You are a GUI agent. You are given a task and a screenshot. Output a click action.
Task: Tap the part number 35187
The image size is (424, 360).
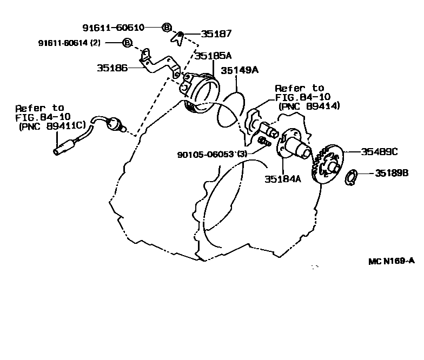coord(216,34)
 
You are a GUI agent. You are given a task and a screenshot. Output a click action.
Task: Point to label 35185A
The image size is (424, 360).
coord(213,56)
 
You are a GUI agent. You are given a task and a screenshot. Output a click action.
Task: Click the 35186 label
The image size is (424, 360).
coord(112,69)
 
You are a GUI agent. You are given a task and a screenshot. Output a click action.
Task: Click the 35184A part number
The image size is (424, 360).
coord(282,179)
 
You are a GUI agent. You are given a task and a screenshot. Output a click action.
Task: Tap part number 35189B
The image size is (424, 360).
coord(391,174)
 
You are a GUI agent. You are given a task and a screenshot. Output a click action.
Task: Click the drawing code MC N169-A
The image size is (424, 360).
coord(392,261)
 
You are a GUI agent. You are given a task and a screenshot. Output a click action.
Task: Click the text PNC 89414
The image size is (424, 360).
coord(309,106)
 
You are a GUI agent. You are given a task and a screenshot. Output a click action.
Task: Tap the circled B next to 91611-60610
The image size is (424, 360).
coord(167,27)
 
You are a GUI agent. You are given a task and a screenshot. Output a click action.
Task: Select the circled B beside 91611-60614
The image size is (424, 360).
coord(127,42)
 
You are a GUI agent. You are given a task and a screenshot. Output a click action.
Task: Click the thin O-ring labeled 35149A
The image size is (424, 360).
coord(229,109)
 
